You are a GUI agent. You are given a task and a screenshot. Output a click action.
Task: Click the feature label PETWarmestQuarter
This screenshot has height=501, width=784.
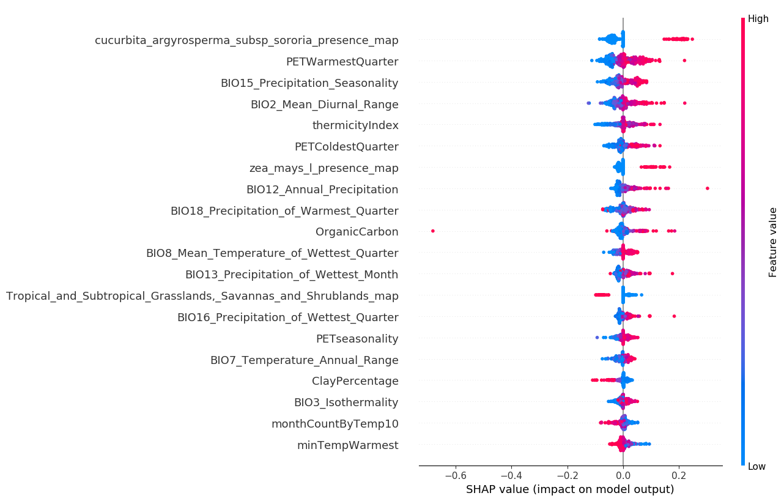[342, 62]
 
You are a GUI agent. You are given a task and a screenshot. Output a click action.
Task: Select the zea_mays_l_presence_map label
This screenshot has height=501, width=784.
[324, 168]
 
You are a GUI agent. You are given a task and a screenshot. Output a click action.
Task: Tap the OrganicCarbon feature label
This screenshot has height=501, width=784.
[357, 232]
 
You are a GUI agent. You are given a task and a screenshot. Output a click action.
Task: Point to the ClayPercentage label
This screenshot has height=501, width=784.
[355, 381]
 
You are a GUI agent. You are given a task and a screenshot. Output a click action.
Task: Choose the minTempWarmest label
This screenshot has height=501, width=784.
[347, 445]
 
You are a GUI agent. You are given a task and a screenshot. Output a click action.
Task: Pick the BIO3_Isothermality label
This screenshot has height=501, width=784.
[346, 403]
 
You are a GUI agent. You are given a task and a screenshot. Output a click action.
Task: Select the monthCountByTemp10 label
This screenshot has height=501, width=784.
[335, 424]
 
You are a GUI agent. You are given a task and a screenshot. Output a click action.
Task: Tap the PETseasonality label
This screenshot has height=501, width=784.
[357, 339]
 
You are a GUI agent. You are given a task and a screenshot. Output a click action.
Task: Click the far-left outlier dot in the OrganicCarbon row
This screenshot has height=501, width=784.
[433, 231]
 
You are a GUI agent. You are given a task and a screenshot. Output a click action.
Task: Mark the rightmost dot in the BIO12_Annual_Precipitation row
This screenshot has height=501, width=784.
[708, 188]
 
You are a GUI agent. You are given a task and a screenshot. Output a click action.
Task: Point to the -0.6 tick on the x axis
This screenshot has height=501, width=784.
[455, 475]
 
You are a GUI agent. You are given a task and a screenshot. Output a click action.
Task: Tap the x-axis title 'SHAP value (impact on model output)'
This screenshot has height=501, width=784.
[570, 489]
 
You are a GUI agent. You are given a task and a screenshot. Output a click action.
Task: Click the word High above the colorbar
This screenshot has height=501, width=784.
[758, 19]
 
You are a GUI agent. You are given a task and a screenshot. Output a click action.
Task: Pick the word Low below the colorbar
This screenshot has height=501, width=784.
[756, 467]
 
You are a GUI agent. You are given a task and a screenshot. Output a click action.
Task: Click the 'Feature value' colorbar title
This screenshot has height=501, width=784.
[773, 242]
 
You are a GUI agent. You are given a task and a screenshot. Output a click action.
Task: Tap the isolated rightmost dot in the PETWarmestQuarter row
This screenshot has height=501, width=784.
[684, 60]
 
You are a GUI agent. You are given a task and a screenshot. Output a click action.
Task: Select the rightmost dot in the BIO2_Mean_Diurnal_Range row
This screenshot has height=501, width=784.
[684, 103]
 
